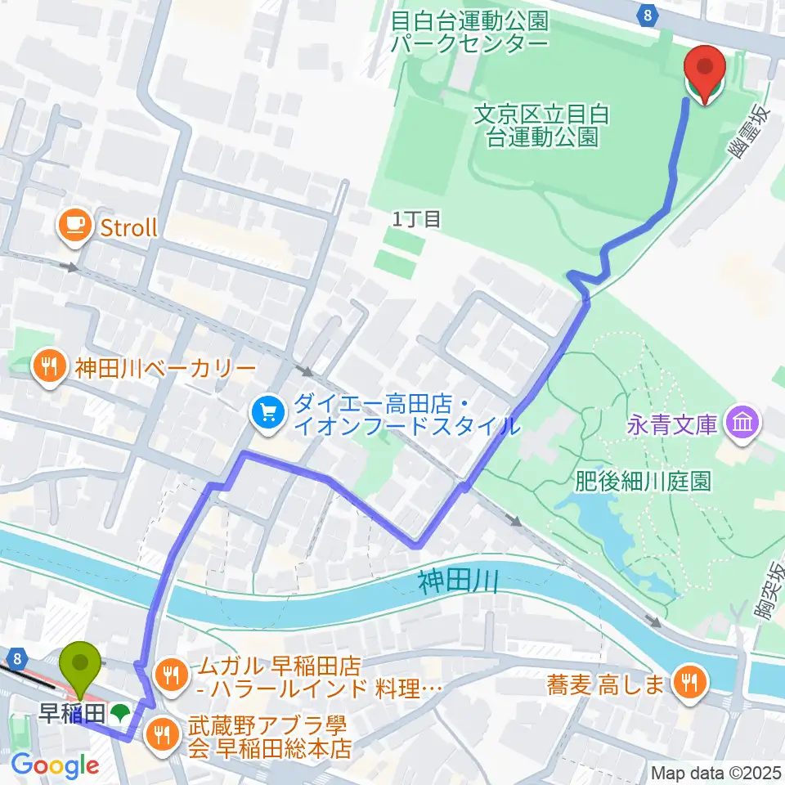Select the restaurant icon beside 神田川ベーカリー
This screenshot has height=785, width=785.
[50, 366]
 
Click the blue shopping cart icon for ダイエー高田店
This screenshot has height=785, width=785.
[267, 415]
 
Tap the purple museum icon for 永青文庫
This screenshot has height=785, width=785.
[746, 424]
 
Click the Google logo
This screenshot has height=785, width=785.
[55, 765]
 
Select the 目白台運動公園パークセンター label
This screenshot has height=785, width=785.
[469, 30]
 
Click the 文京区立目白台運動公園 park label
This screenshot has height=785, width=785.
[541, 125]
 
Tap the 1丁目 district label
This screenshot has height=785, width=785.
[416, 219]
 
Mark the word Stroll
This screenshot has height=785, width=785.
[128, 227]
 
